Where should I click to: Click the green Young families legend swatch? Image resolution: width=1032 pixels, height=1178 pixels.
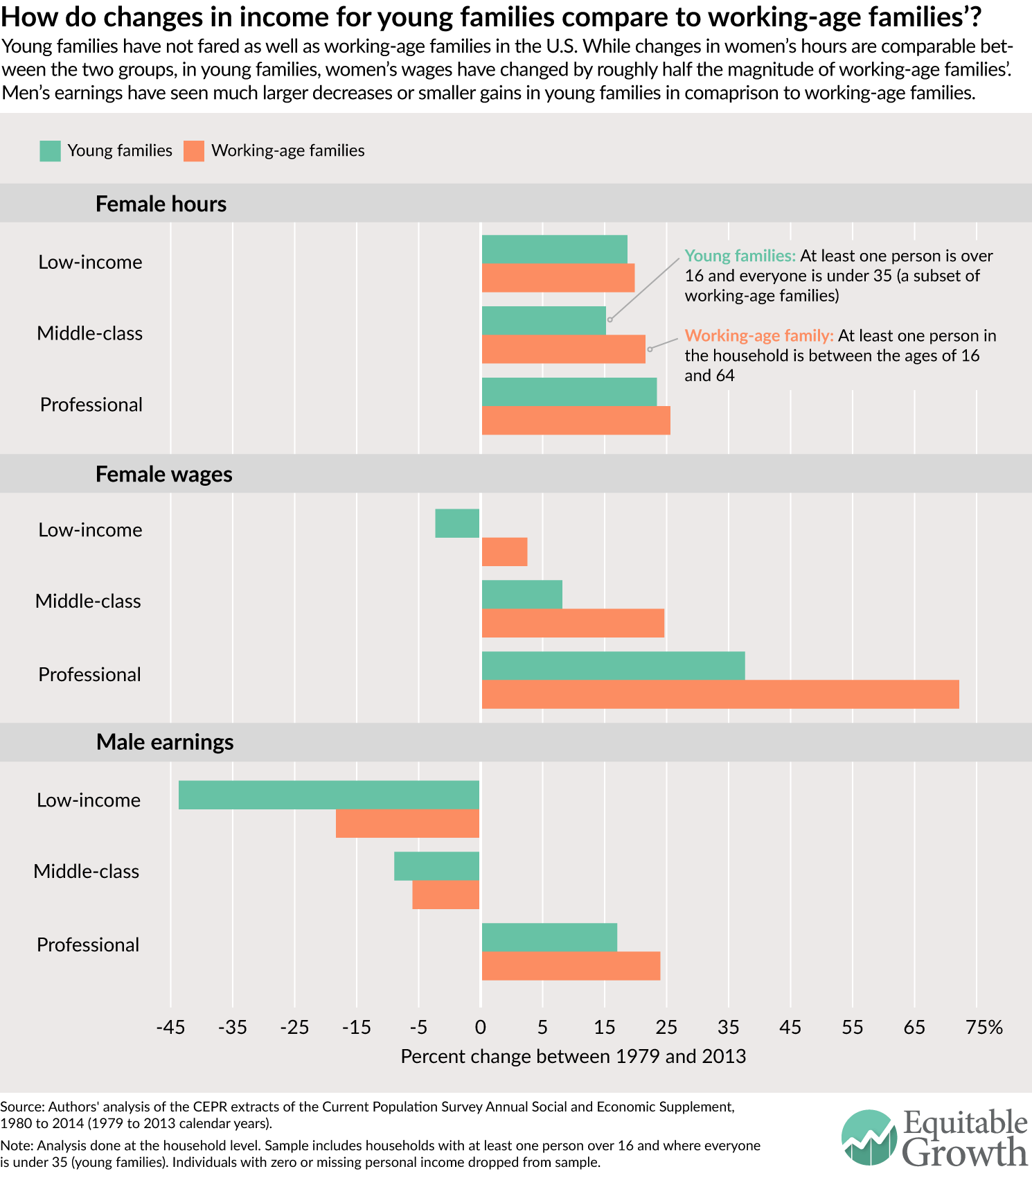coord(50,151)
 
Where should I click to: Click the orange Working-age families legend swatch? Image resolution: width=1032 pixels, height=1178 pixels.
coord(194,151)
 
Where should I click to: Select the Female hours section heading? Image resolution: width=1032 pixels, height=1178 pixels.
coord(161,204)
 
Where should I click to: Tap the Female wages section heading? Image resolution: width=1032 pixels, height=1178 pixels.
coord(163,474)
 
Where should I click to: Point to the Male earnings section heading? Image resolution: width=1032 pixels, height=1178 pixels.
coord(165,742)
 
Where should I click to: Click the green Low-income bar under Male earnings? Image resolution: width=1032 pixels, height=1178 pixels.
coord(328,795)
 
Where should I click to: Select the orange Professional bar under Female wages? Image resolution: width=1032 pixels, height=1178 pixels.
coord(720,694)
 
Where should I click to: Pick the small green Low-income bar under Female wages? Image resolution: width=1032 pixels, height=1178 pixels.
coord(457,523)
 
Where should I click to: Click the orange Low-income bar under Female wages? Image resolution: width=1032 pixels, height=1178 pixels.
coord(504,552)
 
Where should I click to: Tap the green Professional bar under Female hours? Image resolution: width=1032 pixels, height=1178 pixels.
coord(569,392)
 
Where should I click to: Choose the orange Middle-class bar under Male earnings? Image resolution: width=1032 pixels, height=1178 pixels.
coord(445,895)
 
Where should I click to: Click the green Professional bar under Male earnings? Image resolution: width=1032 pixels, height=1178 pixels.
coord(549,938)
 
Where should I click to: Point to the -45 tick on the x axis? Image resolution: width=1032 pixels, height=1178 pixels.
coord(170,1027)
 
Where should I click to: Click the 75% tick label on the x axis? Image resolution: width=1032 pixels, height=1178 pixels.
coord(984,1027)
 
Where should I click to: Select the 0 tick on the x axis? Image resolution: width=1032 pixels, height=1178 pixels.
coord(481,1027)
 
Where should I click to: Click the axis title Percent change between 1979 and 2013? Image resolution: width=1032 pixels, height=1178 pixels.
coord(573,1056)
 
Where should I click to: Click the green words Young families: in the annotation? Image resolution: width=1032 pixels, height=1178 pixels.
coord(740,256)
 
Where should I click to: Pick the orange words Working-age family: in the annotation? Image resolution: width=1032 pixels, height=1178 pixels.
coord(758,335)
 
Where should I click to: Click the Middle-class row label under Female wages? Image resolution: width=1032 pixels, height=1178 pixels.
coord(88,601)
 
